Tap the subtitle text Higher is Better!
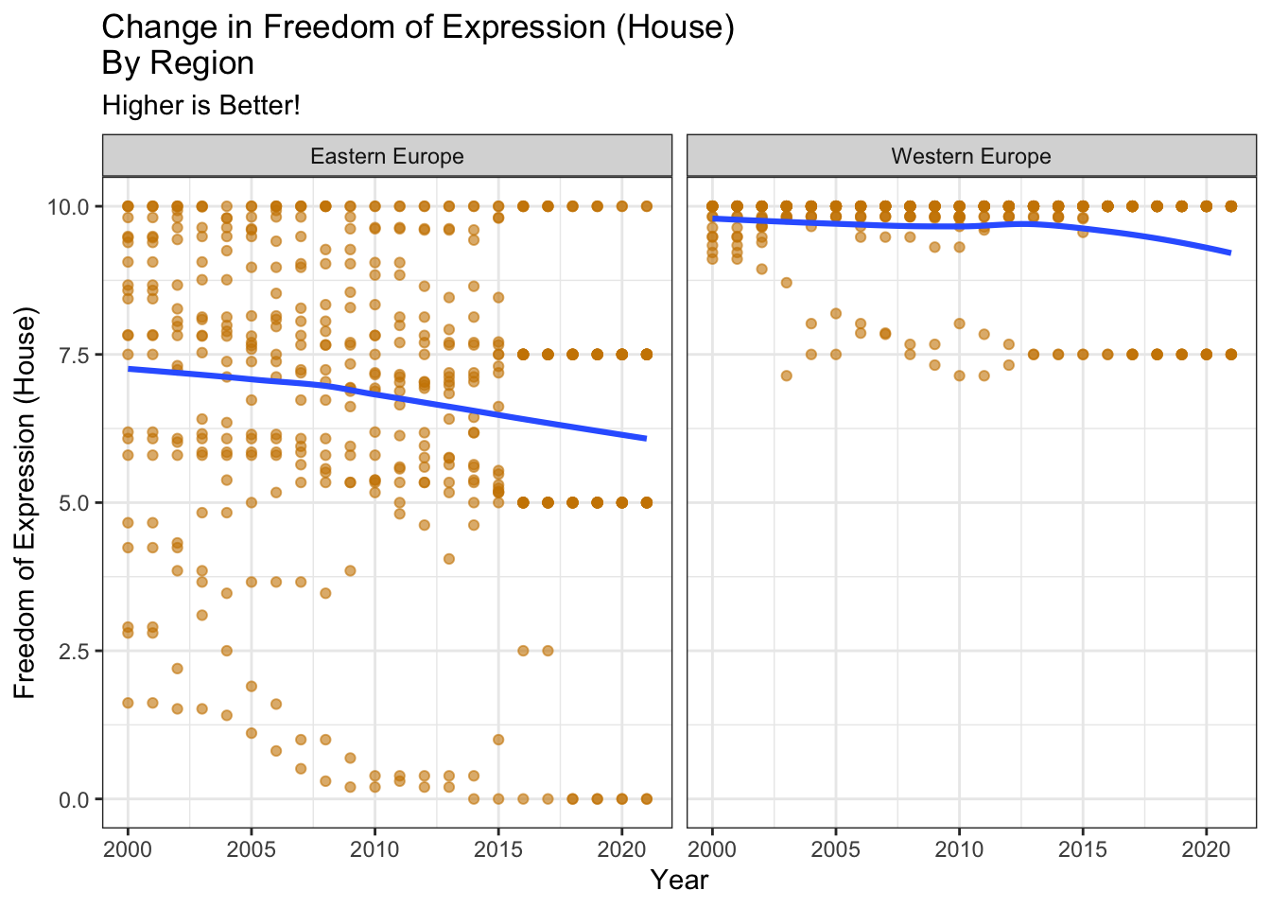[x=200, y=105]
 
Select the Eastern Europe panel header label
[x=387, y=156]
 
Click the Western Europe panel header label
[x=971, y=156]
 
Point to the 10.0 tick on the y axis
[x=68, y=206]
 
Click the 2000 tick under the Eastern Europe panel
[x=128, y=847]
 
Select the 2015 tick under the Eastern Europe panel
[x=498, y=847]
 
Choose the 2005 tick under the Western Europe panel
[x=836, y=847]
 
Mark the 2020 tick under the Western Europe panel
[x=1206, y=847]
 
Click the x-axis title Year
[x=679, y=881]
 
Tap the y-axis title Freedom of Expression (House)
[x=26, y=502]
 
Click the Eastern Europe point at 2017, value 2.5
[x=548, y=651]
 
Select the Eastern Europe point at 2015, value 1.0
[x=498, y=740]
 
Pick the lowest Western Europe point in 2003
[x=786, y=375]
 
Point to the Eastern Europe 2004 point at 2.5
[x=227, y=651]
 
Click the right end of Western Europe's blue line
[x=1230, y=253]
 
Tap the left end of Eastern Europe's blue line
[x=129, y=368]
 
